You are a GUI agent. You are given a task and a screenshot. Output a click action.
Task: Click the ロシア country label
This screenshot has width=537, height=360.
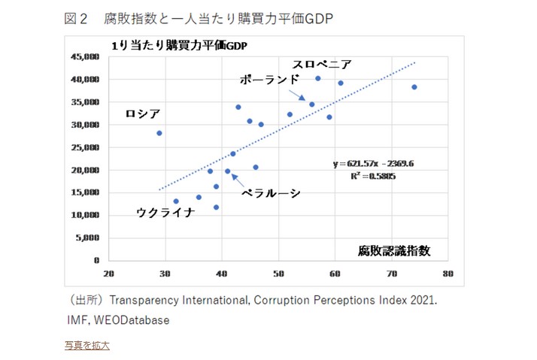(x=143, y=114)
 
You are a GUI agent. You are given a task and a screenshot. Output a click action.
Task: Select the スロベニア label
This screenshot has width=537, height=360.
(x=322, y=65)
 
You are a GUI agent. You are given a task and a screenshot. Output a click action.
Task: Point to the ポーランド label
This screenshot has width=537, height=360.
(x=270, y=80)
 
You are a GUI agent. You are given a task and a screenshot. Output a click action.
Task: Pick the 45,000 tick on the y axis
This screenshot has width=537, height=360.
(x=84, y=56)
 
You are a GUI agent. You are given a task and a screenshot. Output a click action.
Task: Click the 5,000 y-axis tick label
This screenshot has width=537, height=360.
(x=87, y=237)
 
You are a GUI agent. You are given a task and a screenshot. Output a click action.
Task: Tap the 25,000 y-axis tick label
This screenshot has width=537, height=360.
(x=84, y=147)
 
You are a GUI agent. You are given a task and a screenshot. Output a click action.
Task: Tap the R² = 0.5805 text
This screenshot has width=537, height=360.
(x=373, y=177)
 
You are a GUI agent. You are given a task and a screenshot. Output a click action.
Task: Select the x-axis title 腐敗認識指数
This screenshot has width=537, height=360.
(x=394, y=250)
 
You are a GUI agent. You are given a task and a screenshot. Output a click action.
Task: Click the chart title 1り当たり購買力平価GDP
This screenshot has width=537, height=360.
(x=179, y=46)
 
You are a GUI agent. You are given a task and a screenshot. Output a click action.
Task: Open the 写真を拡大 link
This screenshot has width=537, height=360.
(x=87, y=345)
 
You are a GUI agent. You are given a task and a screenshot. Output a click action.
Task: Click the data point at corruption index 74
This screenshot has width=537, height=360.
(x=414, y=87)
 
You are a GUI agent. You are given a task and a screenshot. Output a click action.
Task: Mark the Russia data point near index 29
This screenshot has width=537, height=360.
(x=159, y=133)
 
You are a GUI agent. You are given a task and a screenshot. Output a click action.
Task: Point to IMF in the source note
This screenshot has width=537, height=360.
(x=78, y=320)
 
